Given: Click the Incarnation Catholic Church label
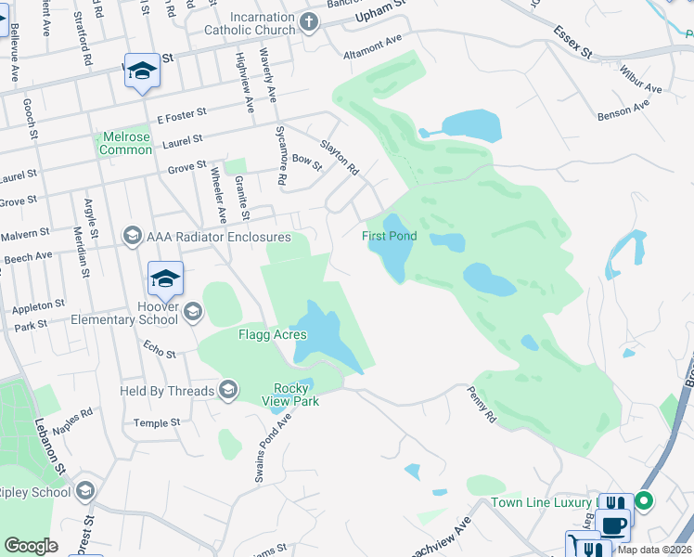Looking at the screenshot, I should click(x=250, y=23).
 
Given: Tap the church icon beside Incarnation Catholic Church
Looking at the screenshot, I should click(x=310, y=22).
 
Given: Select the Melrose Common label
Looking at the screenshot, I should click(x=125, y=143).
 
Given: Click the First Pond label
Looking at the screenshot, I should click(x=389, y=237).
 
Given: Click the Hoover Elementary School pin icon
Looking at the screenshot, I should click(x=193, y=312).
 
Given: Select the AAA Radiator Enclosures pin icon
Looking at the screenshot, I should click(x=132, y=236).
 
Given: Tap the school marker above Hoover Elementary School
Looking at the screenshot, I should click(x=165, y=278).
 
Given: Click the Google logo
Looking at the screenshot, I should click(x=32, y=546).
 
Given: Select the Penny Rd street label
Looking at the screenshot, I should click(x=484, y=406).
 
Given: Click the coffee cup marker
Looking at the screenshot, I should click(x=614, y=525).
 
